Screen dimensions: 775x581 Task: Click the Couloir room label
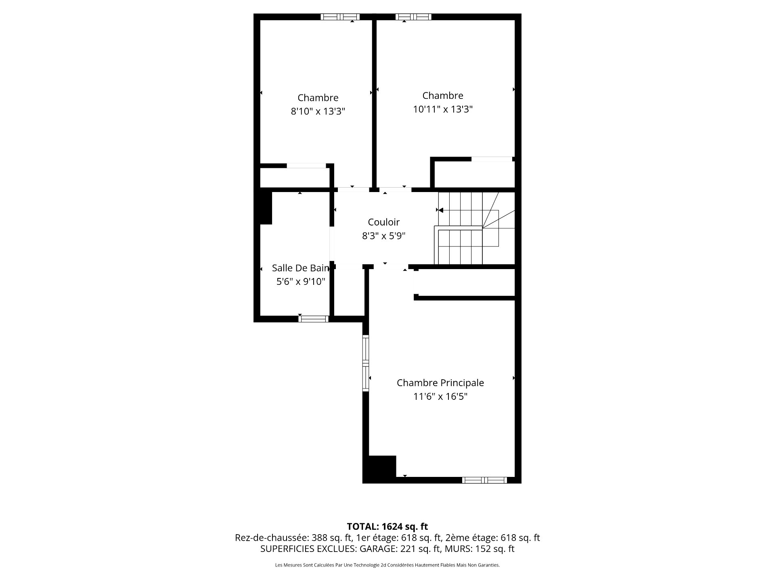(383, 222)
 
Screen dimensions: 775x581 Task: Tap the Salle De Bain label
(301, 268)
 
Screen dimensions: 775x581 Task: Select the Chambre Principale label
(440, 383)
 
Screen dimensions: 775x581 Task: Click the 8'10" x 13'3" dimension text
(318, 111)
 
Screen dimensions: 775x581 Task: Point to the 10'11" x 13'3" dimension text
(443, 109)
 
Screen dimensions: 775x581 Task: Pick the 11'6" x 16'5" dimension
(440, 397)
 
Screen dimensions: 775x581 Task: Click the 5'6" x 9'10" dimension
(301, 282)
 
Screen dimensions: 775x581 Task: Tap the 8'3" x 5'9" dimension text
(383, 236)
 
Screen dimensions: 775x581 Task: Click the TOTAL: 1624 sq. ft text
(387, 527)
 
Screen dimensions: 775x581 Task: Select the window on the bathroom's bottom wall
(314, 319)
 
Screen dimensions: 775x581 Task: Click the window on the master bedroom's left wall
(366, 363)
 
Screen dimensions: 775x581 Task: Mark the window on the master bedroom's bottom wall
(484, 480)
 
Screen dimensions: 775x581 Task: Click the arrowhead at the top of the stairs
(441, 210)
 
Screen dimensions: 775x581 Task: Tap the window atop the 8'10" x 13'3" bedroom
(340, 17)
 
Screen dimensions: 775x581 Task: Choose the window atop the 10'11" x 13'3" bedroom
(413, 17)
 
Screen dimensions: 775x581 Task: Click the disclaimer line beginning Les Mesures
(387, 565)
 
